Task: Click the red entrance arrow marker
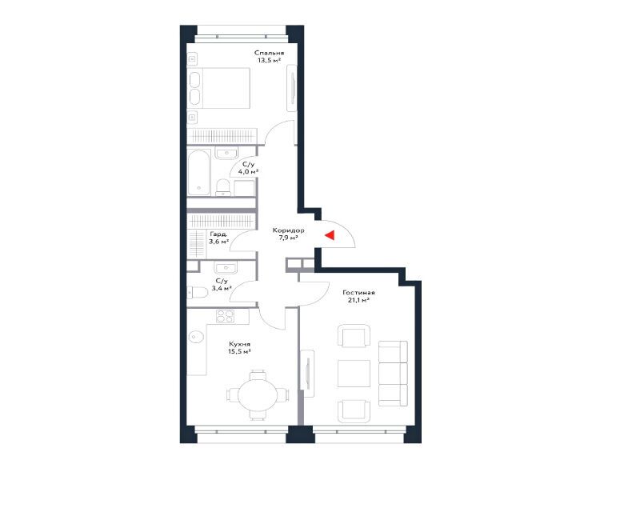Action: click(x=330, y=234)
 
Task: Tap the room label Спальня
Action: click(x=269, y=53)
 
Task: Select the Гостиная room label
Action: click(x=358, y=293)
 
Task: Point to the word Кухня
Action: click(x=239, y=344)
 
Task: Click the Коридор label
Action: click(x=289, y=230)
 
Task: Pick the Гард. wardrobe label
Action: click(x=219, y=234)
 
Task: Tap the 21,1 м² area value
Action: click(x=358, y=300)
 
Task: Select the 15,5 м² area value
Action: click(x=239, y=351)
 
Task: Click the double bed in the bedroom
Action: click(x=219, y=88)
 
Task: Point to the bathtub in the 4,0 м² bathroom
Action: click(x=199, y=173)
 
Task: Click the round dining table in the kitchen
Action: click(x=258, y=395)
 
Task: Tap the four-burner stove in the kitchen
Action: click(x=226, y=316)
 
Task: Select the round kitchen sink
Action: click(x=196, y=336)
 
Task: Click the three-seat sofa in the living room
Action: click(x=393, y=373)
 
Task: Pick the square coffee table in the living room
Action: click(x=354, y=374)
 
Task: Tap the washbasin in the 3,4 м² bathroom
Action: click(x=226, y=268)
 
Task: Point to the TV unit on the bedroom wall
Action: click(x=292, y=88)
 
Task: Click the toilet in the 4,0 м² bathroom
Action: click(x=223, y=187)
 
